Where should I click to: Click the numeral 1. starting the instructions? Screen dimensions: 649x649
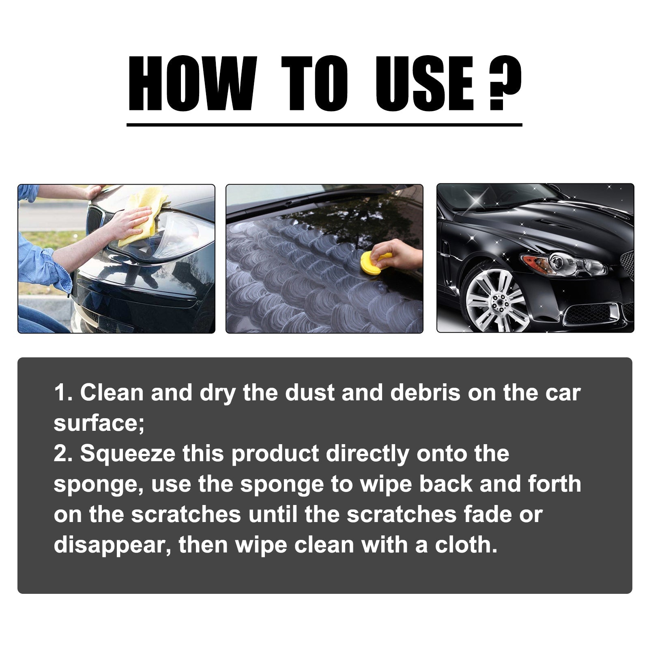coord(63,393)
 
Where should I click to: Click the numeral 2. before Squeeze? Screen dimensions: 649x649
coord(63,454)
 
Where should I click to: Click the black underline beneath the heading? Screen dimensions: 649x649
coord(324,125)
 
